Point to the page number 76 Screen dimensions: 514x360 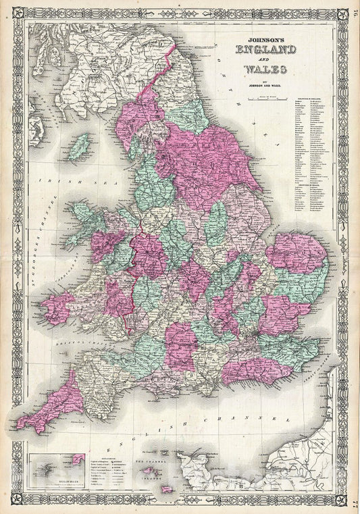coord(354,9)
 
